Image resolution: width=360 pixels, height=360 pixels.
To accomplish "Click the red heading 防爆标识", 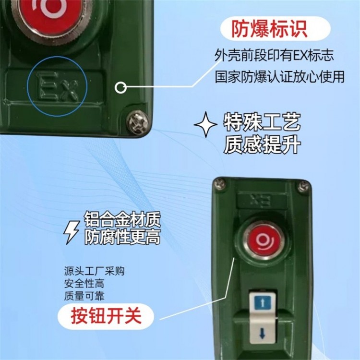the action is point(269,29).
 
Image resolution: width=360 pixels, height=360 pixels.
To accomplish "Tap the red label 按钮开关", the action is point(106,316).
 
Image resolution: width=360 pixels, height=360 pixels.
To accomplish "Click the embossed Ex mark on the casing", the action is point(58,86).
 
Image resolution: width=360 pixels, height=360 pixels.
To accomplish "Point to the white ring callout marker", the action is point(120,87).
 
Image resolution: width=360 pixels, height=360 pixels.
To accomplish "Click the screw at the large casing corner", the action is point(137,121).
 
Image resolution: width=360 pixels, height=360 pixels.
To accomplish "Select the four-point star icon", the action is point(205,124).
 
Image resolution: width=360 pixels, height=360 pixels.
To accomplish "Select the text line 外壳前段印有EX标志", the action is point(274,55).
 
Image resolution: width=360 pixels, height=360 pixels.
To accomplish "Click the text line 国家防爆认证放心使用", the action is point(280,77).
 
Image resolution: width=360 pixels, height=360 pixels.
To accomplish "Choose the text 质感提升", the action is point(262,144).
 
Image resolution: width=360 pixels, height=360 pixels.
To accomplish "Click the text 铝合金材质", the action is point(122,220).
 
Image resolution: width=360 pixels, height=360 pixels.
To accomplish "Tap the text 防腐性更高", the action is point(122,237).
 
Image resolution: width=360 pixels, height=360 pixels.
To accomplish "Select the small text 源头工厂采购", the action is point(95,271).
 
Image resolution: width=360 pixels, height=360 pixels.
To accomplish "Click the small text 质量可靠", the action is point(84,296).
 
